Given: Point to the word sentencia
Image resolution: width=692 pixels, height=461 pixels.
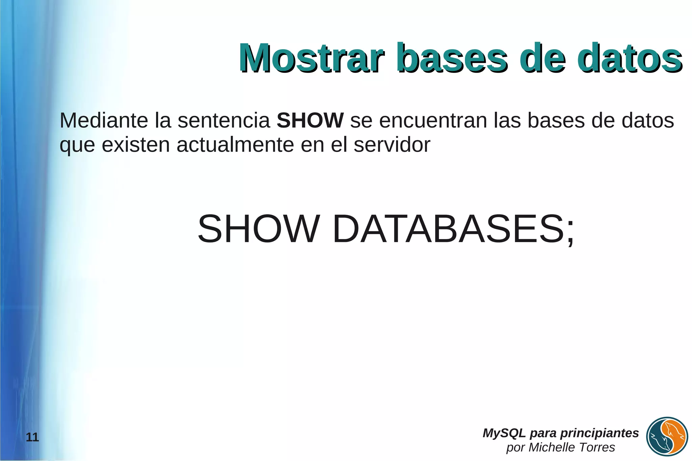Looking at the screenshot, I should click(224, 120).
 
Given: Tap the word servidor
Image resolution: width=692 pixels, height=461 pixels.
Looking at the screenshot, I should click(392, 145).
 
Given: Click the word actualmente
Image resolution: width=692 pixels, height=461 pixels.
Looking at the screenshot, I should click(235, 145).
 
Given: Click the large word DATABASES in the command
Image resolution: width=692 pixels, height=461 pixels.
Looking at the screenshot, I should click(448, 229).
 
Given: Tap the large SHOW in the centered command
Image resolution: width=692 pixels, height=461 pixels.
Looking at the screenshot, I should click(258, 229).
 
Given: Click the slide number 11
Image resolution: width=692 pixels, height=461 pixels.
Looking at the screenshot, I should click(32, 438).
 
